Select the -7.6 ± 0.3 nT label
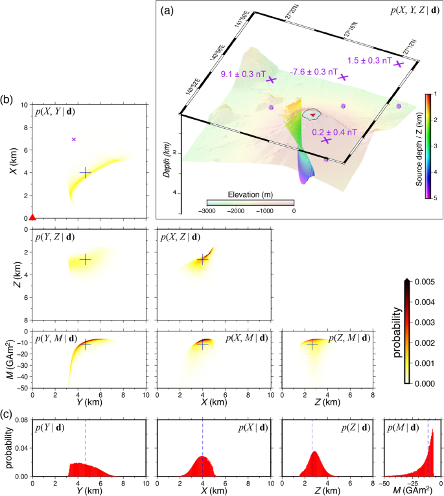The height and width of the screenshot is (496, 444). (314, 71)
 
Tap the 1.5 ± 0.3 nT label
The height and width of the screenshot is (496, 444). (369, 60)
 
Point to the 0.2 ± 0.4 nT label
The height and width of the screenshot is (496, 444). (334, 131)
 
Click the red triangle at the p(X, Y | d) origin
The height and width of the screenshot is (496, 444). (32, 217)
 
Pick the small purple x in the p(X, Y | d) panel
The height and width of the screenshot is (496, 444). (74, 139)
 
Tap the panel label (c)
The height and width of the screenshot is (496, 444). (7, 414)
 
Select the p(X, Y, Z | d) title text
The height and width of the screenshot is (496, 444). (415, 10)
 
